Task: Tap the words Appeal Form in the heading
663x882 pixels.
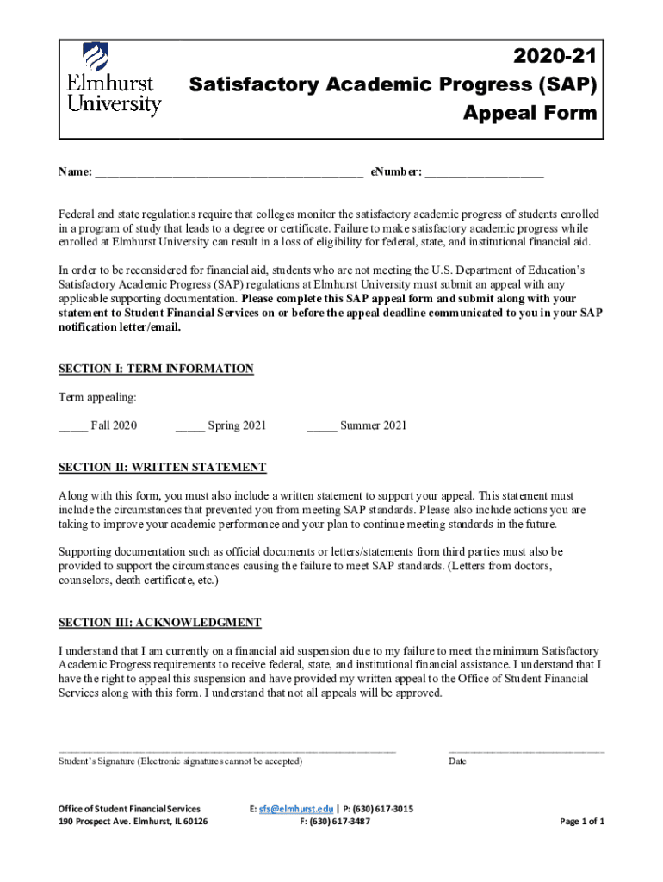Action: coord(530,113)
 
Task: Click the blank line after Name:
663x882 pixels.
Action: coord(228,175)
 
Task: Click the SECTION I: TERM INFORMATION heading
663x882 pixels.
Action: coord(156,369)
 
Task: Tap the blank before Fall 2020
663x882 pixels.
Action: coord(72,427)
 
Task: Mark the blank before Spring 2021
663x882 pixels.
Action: coord(189,427)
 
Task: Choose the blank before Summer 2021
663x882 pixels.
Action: coord(321,427)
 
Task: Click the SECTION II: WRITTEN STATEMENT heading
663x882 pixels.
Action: coord(162,467)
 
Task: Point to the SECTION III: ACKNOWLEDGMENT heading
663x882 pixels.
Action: coord(159,622)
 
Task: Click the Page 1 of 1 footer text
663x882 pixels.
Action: coord(582,822)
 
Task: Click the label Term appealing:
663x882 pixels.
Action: coord(97,397)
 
